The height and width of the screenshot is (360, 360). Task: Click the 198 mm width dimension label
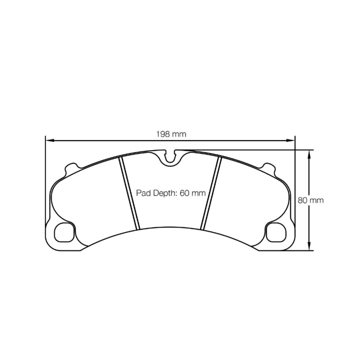[171, 134]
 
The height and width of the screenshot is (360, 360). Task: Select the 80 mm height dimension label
[311, 201]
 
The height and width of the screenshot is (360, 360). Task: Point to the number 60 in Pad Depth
[184, 193]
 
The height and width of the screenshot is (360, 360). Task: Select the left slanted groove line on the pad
[129, 193]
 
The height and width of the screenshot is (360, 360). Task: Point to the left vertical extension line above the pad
[45, 162]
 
